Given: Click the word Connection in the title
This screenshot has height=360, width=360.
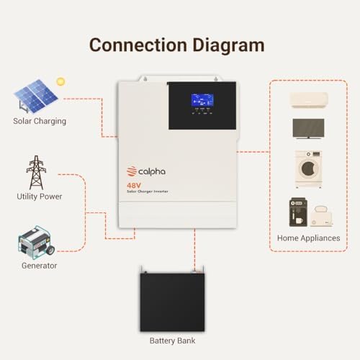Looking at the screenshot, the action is [x=138, y=45].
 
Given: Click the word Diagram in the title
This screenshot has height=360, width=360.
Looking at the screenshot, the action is [x=228, y=46].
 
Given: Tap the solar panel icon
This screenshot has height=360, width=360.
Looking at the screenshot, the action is [x=35, y=96].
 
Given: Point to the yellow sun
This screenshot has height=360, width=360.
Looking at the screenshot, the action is [x=60, y=81].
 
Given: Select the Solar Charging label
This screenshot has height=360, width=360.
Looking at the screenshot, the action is [x=40, y=121].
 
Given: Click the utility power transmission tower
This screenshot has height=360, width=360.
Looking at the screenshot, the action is [x=36, y=173].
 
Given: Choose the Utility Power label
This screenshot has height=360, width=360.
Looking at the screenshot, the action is [x=40, y=197].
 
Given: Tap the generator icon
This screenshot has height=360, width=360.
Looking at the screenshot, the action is [x=36, y=243].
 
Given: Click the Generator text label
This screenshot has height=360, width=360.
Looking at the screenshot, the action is [x=40, y=266].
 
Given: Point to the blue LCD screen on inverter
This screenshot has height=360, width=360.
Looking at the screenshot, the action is [x=202, y=100].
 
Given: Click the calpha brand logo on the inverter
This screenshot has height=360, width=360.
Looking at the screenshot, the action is [x=146, y=171].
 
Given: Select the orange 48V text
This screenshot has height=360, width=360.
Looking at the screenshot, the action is [x=134, y=186].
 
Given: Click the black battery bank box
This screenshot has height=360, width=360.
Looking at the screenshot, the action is [x=172, y=302].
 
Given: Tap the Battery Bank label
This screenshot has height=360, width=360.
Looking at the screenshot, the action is [x=172, y=341].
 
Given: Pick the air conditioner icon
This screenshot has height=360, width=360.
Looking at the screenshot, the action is [x=309, y=100].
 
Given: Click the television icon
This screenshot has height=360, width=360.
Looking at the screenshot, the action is [x=308, y=128].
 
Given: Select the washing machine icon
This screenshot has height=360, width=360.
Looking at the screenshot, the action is [x=308, y=169].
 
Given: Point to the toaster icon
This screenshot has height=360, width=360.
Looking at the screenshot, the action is [x=321, y=216].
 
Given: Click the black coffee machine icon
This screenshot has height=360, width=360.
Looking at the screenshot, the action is [x=298, y=212].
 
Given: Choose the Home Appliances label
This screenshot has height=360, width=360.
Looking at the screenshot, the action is [x=309, y=238].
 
